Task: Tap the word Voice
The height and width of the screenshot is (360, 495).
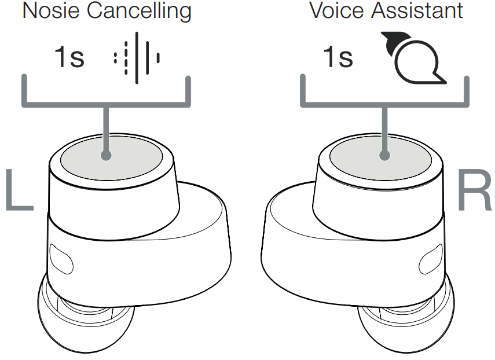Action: tap(335, 10)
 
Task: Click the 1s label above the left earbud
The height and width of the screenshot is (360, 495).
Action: tap(69, 57)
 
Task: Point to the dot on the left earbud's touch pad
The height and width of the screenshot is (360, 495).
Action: tap(105, 155)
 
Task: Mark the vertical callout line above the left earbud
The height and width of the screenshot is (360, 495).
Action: tap(105, 127)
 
